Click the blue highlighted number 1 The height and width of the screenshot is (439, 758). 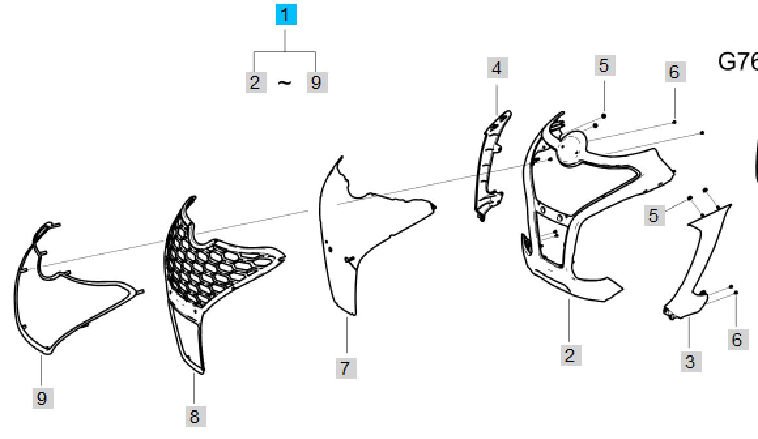pos(286,14)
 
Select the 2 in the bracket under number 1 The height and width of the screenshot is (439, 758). pos(255,82)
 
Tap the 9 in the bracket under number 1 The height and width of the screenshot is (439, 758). pos(317,82)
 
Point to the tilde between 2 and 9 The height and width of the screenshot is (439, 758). pos(285,83)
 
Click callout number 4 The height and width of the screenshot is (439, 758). pos(497,68)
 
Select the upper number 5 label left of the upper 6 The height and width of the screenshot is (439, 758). pos(604,65)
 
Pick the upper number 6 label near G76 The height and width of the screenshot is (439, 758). pos(675,72)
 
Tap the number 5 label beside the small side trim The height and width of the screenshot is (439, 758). pos(655,215)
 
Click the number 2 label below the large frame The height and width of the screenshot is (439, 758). pos(571,355)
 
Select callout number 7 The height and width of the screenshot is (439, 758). pos(346,368)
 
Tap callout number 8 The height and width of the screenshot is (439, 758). pos(196,416)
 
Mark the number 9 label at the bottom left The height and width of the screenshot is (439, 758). pos(42,398)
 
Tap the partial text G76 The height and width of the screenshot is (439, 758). pos(738,62)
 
